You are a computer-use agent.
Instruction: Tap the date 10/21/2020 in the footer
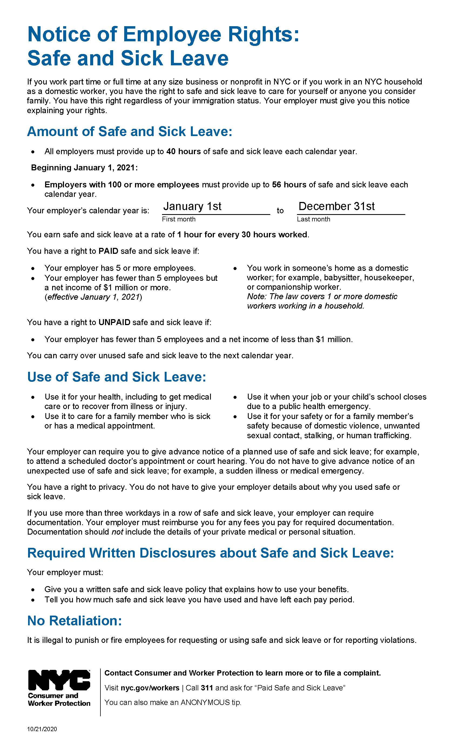[42, 729]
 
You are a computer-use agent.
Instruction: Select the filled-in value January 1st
[192, 206]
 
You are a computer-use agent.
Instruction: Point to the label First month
[178, 219]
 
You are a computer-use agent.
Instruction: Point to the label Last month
[313, 219]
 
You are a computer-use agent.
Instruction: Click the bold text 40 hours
[184, 151]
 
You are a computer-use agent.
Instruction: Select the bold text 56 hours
[289, 185]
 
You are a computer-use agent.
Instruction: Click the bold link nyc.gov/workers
[150, 688]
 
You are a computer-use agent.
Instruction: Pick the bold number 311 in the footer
[207, 688]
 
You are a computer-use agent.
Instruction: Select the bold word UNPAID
[114, 322]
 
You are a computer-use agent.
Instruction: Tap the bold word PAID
[108, 251]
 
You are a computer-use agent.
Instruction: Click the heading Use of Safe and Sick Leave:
[117, 377]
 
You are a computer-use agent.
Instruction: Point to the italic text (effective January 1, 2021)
[93, 297]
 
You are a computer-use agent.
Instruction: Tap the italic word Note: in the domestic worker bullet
[256, 296]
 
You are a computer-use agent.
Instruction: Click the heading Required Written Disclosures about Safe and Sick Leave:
[211, 553]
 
